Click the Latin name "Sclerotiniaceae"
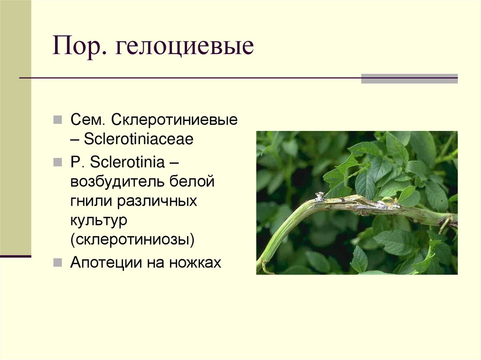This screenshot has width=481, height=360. pyautogui.click(x=139, y=139)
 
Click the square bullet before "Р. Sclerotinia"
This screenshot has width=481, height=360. pyautogui.click(x=57, y=162)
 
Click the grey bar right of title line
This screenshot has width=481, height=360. pyautogui.click(x=409, y=78)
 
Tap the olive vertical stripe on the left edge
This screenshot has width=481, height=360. pyautogui.click(x=16, y=127)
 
